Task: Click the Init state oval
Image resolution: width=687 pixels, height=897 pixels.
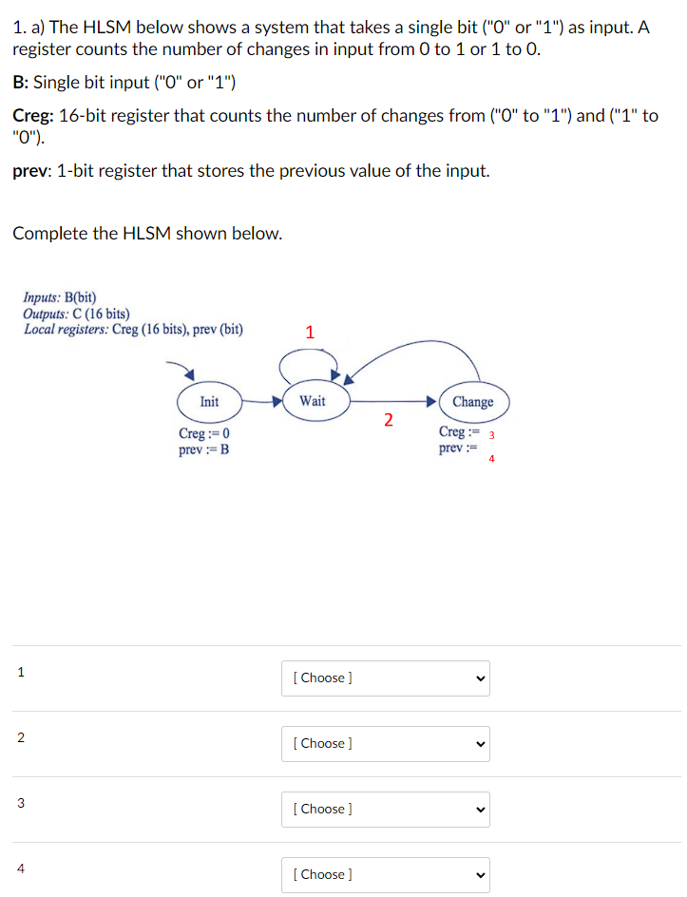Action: (x=209, y=402)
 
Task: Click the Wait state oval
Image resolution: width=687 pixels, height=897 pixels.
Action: (x=312, y=401)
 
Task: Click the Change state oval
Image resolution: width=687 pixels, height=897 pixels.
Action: (x=472, y=402)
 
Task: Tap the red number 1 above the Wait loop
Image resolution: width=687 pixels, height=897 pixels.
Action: (x=309, y=333)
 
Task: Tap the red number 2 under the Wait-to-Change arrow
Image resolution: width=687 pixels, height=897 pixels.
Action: (x=388, y=421)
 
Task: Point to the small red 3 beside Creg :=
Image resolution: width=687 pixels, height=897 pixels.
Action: (x=491, y=435)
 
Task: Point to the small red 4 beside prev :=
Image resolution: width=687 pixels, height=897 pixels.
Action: (x=491, y=459)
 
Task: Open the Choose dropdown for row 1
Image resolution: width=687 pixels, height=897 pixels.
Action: (x=385, y=678)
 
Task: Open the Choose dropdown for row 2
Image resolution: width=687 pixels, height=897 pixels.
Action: (x=385, y=744)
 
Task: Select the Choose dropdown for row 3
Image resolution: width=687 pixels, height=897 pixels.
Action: (x=385, y=810)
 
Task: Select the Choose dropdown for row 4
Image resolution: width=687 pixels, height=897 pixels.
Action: (x=385, y=874)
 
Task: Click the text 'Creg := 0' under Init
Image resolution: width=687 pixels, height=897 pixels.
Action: (x=204, y=434)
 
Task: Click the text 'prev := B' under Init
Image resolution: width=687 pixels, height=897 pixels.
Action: (x=203, y=449)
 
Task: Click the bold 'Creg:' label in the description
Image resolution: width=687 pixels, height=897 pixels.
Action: (x=33, y=116)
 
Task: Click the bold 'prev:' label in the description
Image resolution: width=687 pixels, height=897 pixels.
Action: (x=32, y=171)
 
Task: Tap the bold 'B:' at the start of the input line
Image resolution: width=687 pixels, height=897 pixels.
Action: (x=21, y=83)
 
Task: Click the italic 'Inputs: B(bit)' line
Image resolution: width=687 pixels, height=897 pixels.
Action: (x=60, y=297)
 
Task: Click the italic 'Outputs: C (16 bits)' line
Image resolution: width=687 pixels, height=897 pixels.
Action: (x=77, y=314)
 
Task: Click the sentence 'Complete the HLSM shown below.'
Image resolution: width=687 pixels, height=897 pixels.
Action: (x=147, y=234)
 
